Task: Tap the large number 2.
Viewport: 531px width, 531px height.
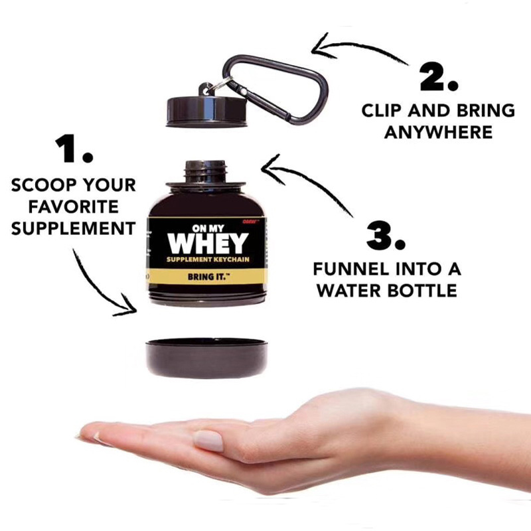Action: [x=437, y=78]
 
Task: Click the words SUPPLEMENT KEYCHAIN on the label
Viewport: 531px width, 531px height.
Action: [x=206, y=260]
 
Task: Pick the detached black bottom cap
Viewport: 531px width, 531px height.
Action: [x=206, y=356]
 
